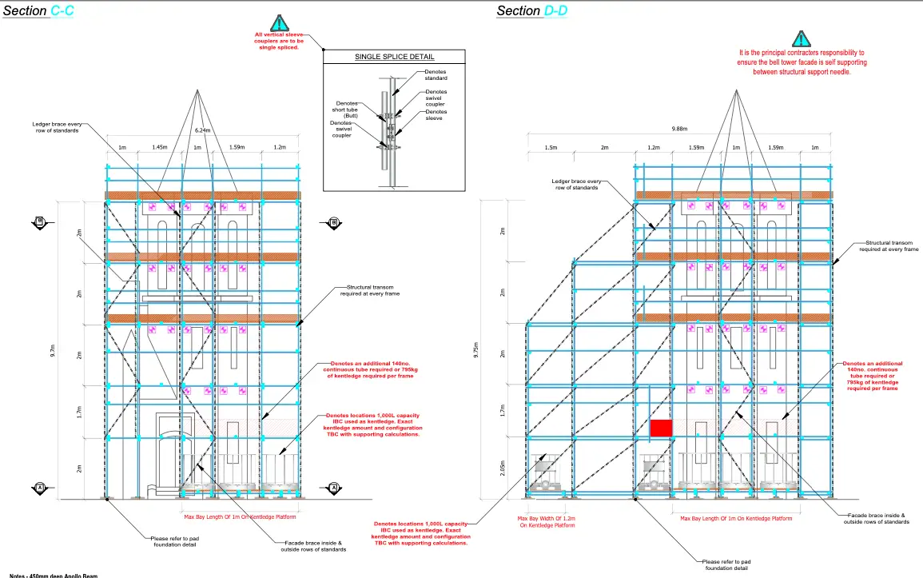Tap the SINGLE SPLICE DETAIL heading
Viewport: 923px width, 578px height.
[x=394, y=57]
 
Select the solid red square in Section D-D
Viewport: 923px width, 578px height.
[x=660, y=428]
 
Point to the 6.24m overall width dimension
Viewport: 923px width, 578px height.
[x=203, y=130]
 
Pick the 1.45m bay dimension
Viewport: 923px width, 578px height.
[x=159, y=148]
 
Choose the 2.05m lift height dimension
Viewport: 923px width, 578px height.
[x=502, y=467]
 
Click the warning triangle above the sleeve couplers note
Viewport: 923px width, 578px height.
[x=277, y=22]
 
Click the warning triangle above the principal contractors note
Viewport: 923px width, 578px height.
[x=802, y=38]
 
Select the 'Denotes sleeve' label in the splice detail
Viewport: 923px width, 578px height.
[x=436, y=115]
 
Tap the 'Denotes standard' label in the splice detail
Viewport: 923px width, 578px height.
[x=436, y=75]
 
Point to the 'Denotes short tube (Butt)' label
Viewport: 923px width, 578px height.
[x=346, y=110]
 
